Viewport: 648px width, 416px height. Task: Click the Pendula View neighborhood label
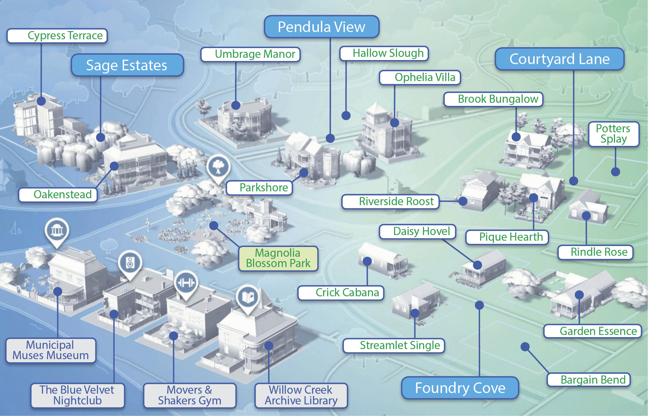tap(322, 27)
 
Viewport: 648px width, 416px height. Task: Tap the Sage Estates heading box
tap(127, 65)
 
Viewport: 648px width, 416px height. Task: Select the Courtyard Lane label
tap(559, 59)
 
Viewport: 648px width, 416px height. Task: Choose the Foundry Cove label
tap(460, 388)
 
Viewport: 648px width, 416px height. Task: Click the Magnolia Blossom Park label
tap(278, 258)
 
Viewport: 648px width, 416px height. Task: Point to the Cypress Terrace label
tap(57, 36)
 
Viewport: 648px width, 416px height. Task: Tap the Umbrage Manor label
tap(250, 54)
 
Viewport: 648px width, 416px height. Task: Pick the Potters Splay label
tap(613, 134)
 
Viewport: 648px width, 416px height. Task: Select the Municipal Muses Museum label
tap(51, 350)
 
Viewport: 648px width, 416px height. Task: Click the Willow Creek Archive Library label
tap(301, 396)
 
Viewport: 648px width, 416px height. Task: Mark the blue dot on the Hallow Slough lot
tap(346, 116)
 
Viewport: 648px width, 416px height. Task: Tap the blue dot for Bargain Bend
tap(525, 347)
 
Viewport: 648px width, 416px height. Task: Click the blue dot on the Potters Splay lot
tap(615, 172)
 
